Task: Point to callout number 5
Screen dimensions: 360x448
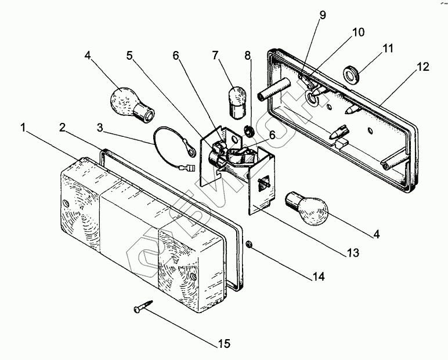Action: (129, 56)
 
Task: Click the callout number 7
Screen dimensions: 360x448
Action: (215, 56)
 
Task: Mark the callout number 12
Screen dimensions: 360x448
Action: (422, 67)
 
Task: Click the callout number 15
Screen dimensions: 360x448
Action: (223, 344)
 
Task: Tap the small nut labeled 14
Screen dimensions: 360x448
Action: (249, 244)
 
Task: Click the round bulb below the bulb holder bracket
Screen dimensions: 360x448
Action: (308, 209)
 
